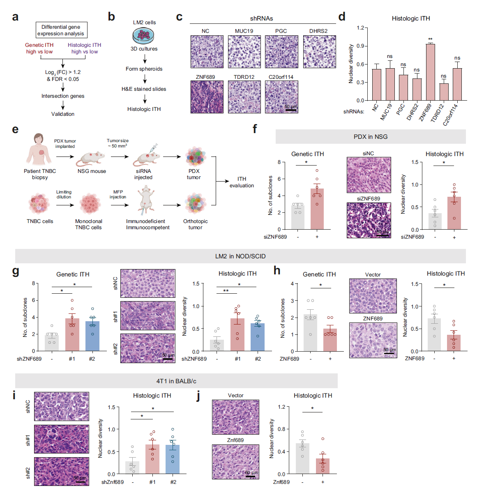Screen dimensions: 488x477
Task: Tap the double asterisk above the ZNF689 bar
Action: (x=430, y=39)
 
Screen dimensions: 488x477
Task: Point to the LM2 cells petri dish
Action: (x=144, y=36)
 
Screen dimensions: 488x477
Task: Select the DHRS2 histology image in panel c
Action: (x=319, y=51)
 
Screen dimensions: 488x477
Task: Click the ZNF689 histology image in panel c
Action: (x=207, y=97)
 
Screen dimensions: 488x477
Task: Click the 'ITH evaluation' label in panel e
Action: (x=242, y=182)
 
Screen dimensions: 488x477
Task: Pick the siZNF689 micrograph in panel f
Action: (x=369, y=220)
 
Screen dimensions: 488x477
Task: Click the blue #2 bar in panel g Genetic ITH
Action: (x=92, y=336)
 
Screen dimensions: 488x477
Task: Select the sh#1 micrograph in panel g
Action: (x=148, y=316)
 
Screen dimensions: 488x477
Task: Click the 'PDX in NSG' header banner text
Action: (x=370, y=137)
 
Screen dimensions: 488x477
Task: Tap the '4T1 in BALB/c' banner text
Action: (x=176, y=381)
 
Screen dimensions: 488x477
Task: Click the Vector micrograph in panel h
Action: (x=373, y=296)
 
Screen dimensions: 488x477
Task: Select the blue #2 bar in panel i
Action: (x=173, y=459)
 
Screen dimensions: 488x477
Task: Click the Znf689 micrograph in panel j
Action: (x=235, y=461)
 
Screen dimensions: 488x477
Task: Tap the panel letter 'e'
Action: (x=15, y=129)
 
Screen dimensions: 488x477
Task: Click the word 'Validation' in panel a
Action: (x=63, y=114)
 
